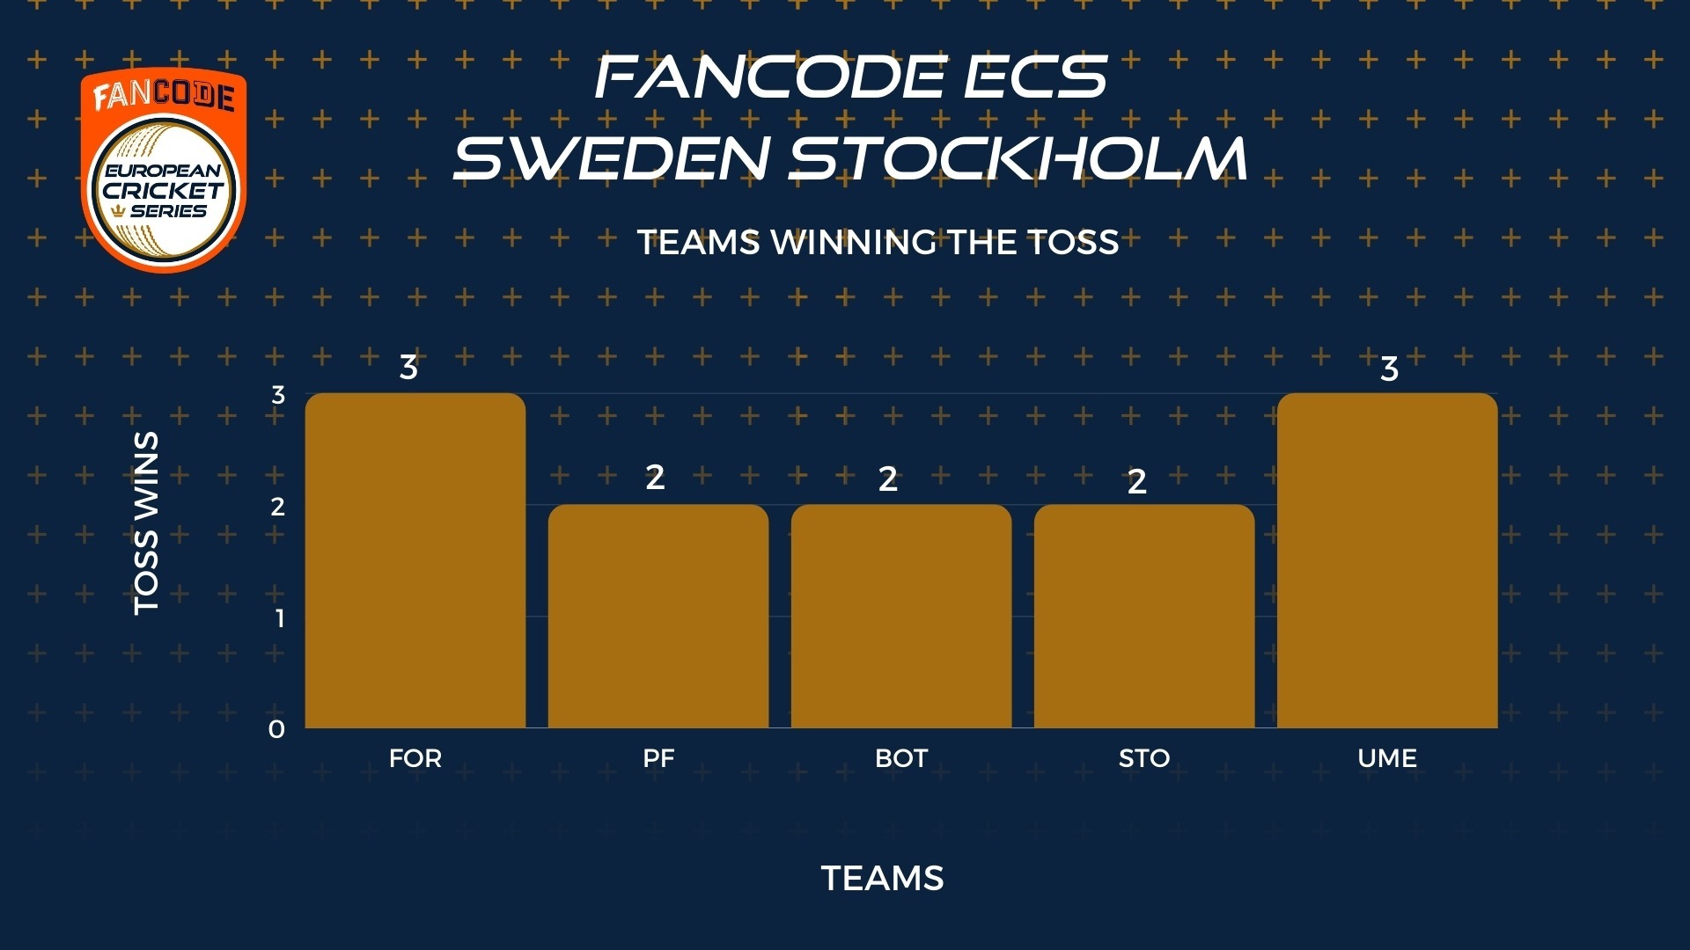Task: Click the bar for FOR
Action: (x=415, y=560)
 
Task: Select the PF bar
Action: (x=658, y=616)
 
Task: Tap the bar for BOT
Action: (x=901, y=616)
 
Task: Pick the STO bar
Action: (x=1144, y=616)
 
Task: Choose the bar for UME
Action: (x=1387, y=560)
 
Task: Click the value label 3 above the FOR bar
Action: (x=408, y=367)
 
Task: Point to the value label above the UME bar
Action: (x=1389, y=369)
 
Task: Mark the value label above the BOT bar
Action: (x=888, y=479)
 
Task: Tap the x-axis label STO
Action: (x=1144, y=758)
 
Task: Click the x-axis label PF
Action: (x=658, y=758)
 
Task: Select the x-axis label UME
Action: (x=1387, y=758)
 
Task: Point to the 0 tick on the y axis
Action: (x=276, y=729)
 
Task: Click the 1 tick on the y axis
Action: (x=280, y=618)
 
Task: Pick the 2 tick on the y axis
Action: (x=278, y=507)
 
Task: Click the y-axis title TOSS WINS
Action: (x=146, y=523)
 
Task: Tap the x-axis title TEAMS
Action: (x=882, y=878)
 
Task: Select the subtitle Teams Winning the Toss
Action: (x=878, y=242)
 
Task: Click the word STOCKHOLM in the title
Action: (x=1018, y=158)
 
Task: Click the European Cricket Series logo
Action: (x=165, y=171)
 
